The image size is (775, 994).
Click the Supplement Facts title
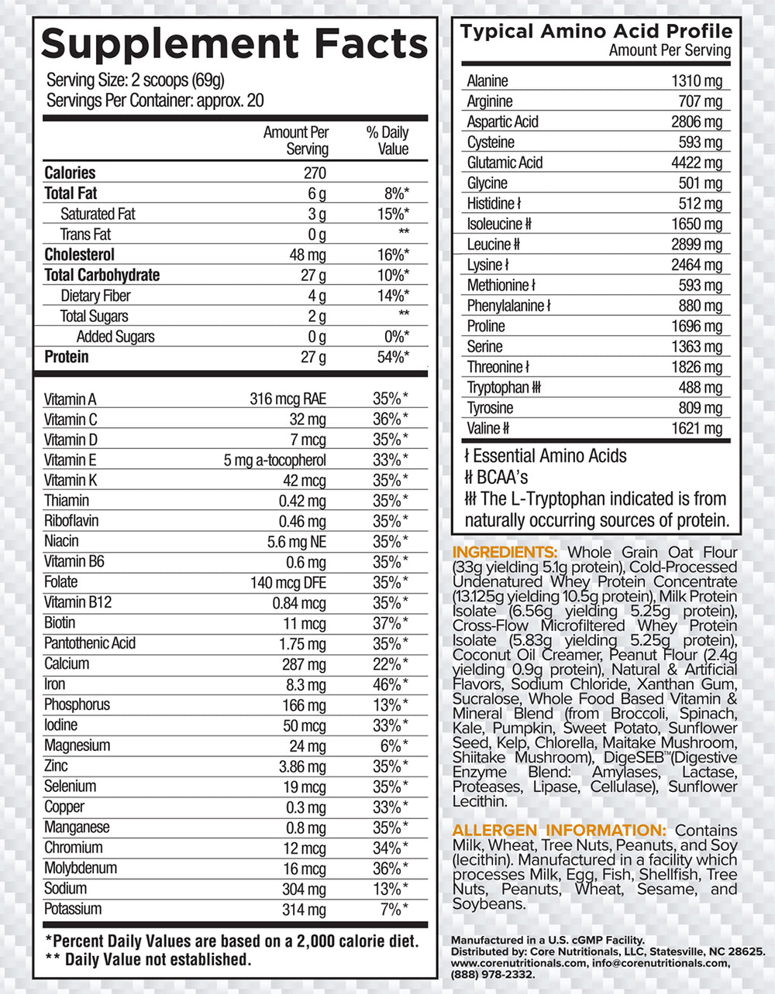click(234, 44)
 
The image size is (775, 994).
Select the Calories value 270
click(314, 173)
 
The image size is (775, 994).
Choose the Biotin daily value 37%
click(390, 623)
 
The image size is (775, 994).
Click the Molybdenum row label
click(80, 868)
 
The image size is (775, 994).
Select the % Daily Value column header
click(387, 140)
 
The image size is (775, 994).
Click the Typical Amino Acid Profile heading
click(596, 32)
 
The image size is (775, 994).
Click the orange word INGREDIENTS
click(505, 552)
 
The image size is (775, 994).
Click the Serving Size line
click(135, 81)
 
